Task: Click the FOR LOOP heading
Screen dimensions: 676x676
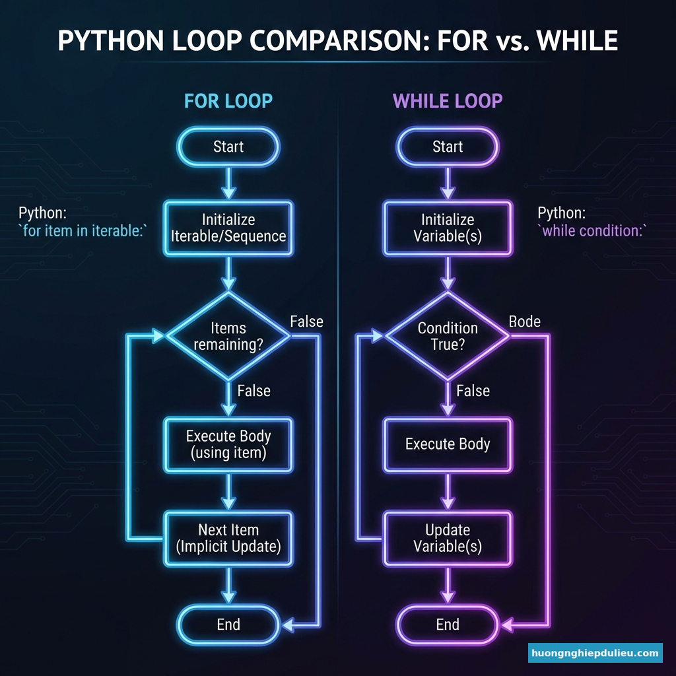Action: tap(228, 101)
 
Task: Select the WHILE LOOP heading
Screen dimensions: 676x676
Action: tap(448, 101)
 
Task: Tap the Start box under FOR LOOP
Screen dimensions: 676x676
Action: tap(228, 147)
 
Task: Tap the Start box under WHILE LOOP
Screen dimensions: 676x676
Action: tap(448, 147)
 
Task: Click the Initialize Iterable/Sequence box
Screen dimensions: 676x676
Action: tap(228, 228)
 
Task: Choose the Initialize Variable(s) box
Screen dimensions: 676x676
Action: tap(448, 228)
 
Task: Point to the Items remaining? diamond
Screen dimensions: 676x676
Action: tap(228, 337)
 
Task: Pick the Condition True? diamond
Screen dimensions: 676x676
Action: tap(448, 337)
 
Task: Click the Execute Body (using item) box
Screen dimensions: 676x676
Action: tap(228, 444)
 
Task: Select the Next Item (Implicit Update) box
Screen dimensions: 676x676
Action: tap(228, 538)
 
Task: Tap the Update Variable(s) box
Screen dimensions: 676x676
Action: tap(448, 538)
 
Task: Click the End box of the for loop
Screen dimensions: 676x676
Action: tap(228, 625)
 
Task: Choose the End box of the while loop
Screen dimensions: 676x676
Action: tap(448, 625)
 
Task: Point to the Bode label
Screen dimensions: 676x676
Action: tap(525, 321)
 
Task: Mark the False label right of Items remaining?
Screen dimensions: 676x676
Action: tap(306, 321)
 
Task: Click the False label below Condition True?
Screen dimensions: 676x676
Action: tap(473, 391)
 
